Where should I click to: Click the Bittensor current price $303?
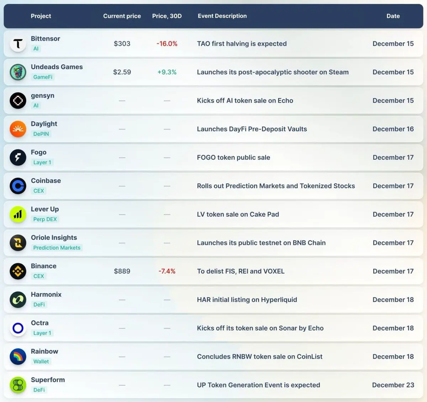(122, 44)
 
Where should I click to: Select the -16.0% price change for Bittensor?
(167, 44)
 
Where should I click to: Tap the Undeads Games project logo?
(18, 72)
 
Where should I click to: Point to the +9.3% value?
(167, 72)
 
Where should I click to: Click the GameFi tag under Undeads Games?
(43, 77)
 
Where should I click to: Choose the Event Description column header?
(222, 16)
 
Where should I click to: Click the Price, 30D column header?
(167, 16)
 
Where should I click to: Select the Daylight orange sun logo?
(18, 129)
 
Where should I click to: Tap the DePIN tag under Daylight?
(41, 134)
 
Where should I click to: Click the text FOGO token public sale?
(233, 158)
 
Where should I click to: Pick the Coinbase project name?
(46, 181)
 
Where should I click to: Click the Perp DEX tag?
(45, 219)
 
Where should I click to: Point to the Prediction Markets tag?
(57, 248)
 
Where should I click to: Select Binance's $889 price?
(122, 271)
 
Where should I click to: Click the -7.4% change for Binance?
(167, 271)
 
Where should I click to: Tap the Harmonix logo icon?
(18, 300)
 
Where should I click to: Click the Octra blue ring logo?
(18, 328)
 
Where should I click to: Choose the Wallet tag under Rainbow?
(41, 362)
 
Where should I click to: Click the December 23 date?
(393, 385)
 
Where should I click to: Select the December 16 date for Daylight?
(393, 129)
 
